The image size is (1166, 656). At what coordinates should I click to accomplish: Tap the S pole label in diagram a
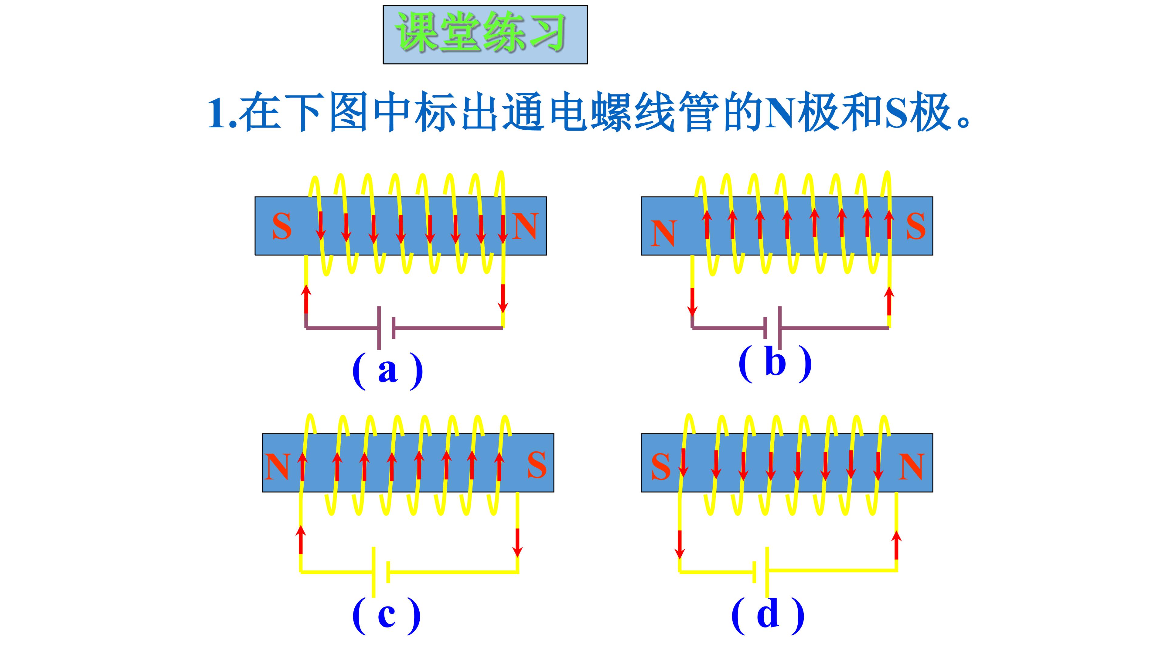281,226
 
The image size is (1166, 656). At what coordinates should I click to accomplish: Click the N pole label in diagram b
663,234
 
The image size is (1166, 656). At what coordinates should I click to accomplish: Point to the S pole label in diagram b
915,226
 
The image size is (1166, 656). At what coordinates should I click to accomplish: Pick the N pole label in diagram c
277,466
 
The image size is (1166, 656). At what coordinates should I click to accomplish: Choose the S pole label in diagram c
537,465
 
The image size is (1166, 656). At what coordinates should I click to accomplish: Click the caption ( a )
387,371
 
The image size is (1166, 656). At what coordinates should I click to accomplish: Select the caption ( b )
775,363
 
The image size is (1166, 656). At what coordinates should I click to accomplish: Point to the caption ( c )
387,616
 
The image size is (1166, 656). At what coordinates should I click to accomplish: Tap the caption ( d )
768,615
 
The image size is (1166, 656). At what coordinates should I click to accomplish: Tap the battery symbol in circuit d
760,571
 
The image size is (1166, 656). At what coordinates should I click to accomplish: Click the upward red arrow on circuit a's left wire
306,299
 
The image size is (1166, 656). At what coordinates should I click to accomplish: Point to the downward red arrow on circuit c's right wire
518,542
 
